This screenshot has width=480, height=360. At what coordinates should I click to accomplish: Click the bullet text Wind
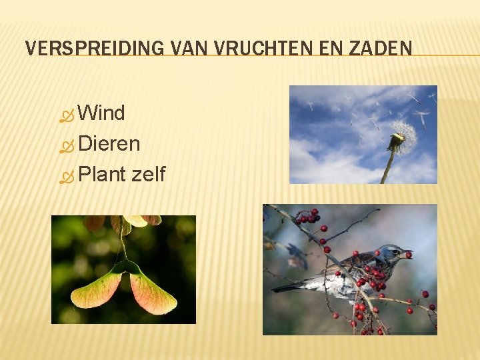coord(101,113)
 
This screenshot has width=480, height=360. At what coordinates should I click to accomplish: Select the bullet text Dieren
coord(109,144)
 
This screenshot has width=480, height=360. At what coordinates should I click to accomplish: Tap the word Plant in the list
coord(101,175)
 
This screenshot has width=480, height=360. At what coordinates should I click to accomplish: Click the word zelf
coord(148,175)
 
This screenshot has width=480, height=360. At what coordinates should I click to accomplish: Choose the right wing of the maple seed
coord(153,294)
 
